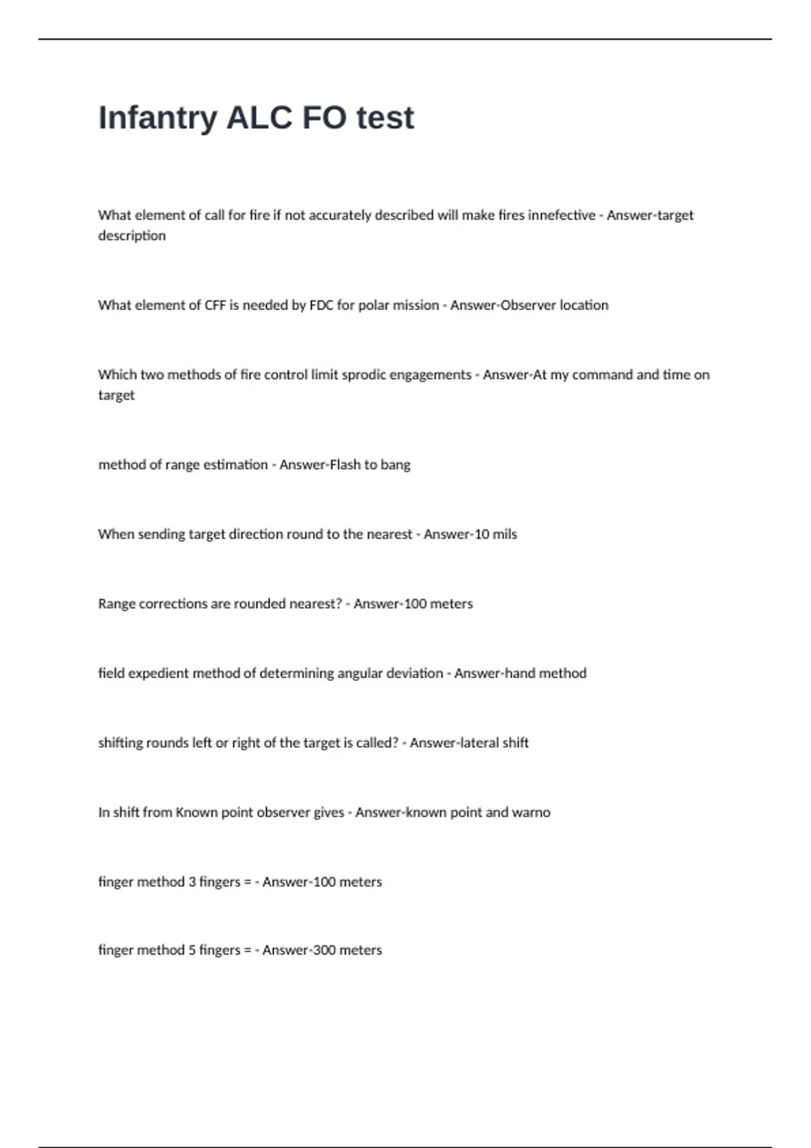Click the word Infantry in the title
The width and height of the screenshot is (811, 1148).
click(x=157, y=118)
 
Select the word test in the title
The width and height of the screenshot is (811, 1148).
click(x=385, y=118)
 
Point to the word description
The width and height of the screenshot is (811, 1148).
click(x=132, y=236)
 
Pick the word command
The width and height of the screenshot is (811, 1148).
click(x=602, y=375)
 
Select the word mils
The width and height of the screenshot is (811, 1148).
click(x=505, y=534)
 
